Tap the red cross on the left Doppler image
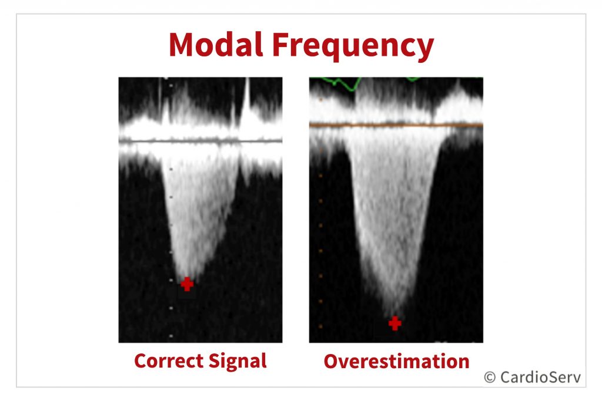point(187,284)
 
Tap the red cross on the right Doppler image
point(394,323)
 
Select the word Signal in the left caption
point(238,362)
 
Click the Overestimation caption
point(397,361)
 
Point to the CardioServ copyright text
point(533,378)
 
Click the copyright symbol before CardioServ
point(490,378)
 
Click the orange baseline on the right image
point(396,125)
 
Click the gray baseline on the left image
point(200,141)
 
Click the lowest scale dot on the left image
point(171,336)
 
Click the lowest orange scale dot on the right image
point(320,326)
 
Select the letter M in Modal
point(183,45)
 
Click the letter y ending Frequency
point(426,50)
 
